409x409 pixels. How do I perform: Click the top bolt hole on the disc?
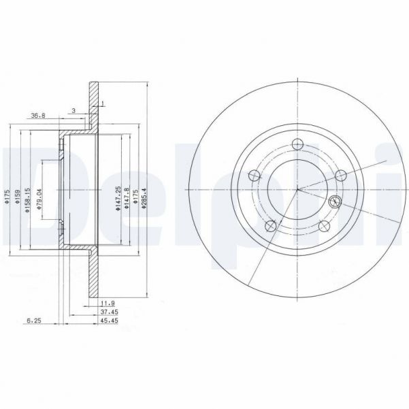coord(297,144)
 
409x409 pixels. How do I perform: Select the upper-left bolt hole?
coord(255,175)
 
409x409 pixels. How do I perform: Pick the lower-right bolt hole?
coord(323,225)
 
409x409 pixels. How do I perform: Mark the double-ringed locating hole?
coord(335,201)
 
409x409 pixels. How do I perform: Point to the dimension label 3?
coord(73,109)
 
